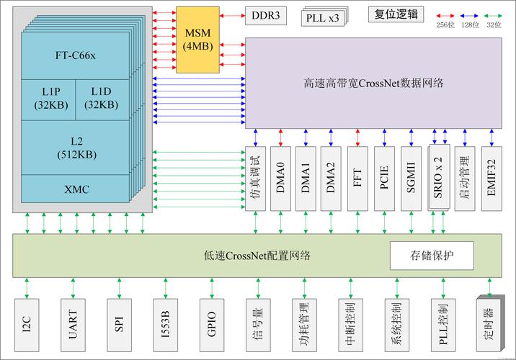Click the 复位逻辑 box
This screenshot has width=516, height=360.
(396, 14)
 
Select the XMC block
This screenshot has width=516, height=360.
(76, 188)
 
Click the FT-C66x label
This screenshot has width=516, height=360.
(76, 55)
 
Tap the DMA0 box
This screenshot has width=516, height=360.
(280, 178)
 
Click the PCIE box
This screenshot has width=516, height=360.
(384, 178)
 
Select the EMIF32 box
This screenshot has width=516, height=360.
(492, 178)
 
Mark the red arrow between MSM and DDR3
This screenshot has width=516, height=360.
(232, 14)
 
